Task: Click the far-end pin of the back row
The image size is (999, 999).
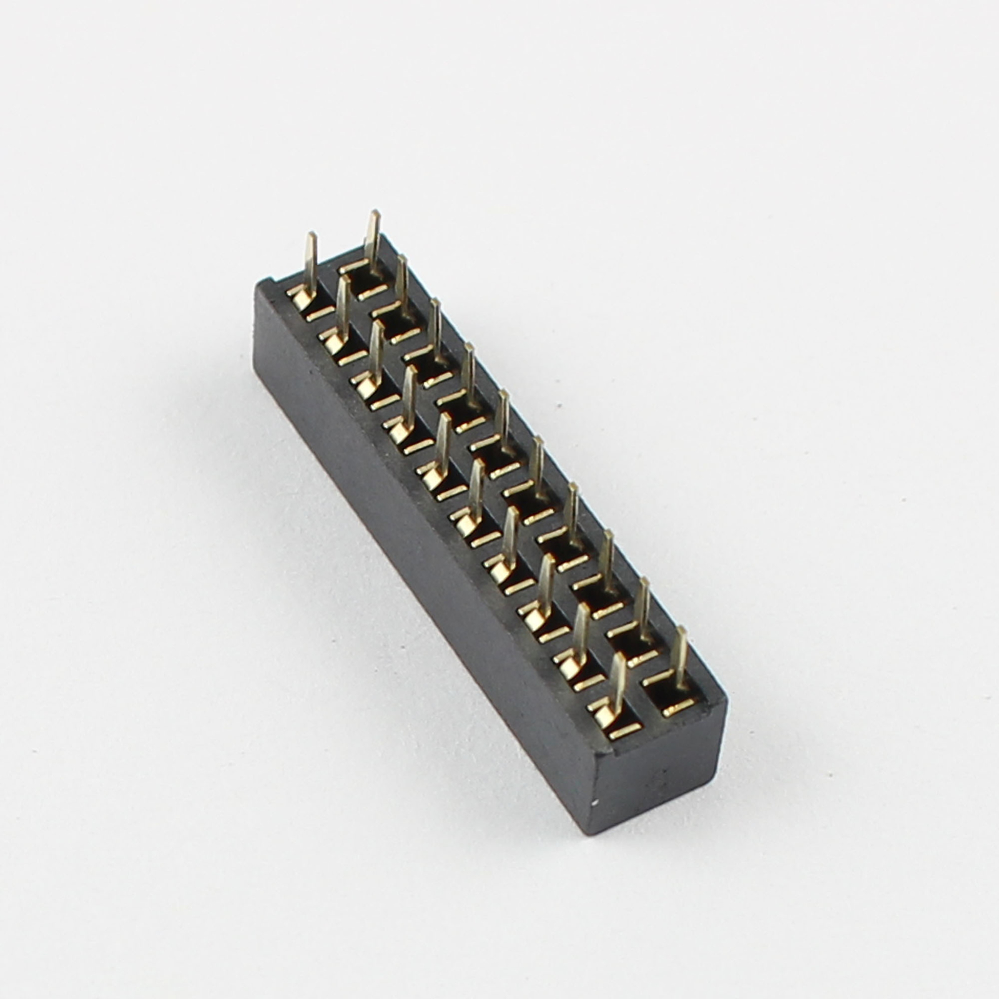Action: pos(373,240)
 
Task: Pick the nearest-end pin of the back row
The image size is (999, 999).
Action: pos(680,656)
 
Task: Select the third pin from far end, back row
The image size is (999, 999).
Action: pos(435,328)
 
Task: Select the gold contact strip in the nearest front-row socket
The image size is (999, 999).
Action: pos(625,731)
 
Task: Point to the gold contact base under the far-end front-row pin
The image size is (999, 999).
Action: pos(300,298)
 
